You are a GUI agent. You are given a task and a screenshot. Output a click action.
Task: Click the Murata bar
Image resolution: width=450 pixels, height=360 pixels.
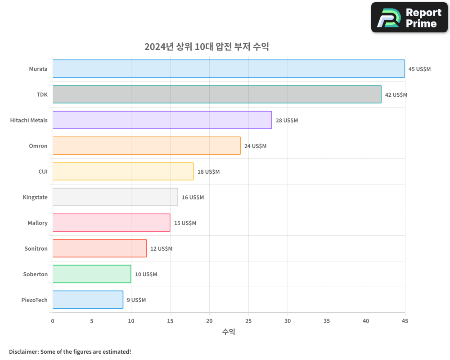[229, 69]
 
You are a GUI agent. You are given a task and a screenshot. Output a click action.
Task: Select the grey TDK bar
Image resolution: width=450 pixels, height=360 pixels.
[217, 94]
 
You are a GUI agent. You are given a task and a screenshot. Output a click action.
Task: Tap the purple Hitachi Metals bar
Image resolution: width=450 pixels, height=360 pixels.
[162, 120]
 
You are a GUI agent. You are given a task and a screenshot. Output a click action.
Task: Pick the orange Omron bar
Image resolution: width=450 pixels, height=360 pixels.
[146, 146]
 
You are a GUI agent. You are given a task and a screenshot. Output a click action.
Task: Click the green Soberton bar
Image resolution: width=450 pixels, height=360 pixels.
[92, 274]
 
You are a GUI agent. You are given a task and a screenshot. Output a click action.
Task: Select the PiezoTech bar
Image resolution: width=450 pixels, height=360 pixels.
[88, 300]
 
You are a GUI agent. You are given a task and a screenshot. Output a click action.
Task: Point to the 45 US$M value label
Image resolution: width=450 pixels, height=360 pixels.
[419, 69]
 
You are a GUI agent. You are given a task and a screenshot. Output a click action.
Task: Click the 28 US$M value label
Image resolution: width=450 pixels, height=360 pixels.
[287, 121]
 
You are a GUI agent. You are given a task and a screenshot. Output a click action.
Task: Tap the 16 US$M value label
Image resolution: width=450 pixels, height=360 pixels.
[193, 198]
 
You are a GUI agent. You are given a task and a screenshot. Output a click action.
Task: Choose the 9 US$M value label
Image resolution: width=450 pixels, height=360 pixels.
[136, 300]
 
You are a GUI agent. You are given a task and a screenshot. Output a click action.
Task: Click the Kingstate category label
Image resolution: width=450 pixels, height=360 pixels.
[35, 198]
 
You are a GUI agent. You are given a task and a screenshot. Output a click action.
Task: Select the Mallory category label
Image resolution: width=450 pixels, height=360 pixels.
[37, 223]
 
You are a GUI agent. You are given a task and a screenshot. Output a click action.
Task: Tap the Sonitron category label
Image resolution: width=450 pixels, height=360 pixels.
[36, 249]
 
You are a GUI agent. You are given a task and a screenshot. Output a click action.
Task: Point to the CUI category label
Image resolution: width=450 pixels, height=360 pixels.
[43, 172]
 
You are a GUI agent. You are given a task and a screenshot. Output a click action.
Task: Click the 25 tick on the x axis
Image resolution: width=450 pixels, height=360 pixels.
[248, 321]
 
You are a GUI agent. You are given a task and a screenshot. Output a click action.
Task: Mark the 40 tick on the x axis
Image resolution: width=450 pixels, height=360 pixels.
[366, 321]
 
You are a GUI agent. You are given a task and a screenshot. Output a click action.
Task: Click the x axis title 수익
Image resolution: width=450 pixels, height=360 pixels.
[229, 332]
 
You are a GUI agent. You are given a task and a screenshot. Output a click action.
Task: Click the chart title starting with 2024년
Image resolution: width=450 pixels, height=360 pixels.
[207, 47]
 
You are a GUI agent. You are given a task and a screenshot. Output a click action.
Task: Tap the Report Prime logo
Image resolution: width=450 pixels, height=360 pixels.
[409, 18]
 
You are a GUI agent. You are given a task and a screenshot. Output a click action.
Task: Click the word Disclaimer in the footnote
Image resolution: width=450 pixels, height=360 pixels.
[23, 351]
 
